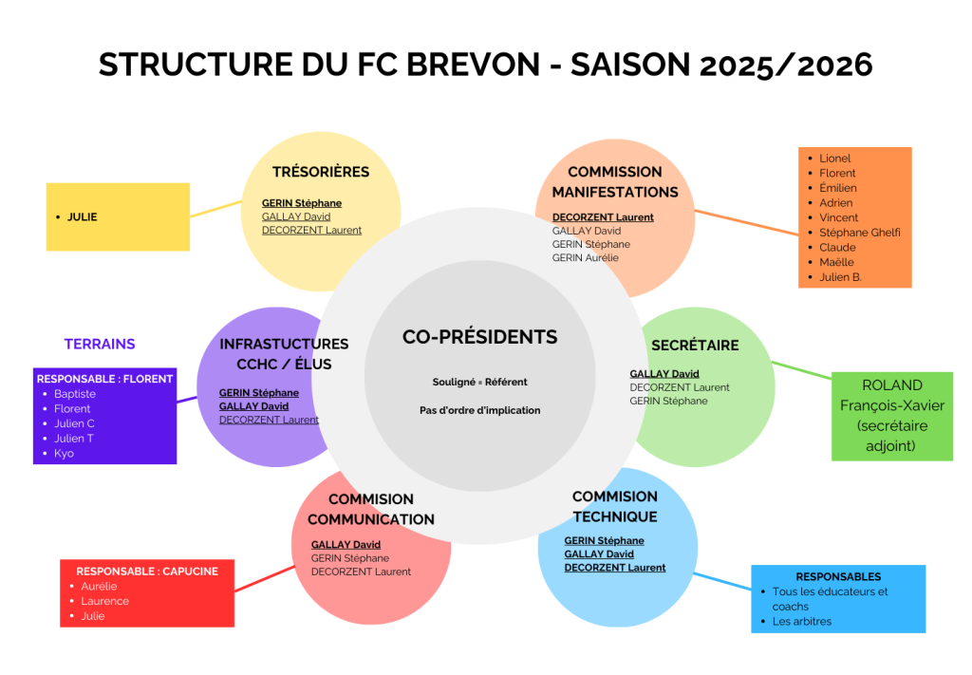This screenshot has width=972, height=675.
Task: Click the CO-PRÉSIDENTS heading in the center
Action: (479, 337)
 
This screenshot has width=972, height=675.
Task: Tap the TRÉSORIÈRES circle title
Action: (320, 172)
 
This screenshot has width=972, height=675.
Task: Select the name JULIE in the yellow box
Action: (82, 216)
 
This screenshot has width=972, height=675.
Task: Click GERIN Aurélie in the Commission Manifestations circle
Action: (585, 257)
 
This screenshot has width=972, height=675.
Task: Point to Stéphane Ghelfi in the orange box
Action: (859, 233)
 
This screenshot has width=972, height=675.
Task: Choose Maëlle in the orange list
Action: (836, 262)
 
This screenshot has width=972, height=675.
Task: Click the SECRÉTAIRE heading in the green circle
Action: (695, 346)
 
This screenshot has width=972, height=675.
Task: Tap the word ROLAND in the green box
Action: (891, 385)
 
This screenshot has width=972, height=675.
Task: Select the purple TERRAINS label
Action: (100, 344)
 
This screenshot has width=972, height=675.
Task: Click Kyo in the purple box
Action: (64, 453)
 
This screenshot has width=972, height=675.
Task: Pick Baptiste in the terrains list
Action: (74, 393)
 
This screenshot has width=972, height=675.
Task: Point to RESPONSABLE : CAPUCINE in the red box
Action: (147, 572)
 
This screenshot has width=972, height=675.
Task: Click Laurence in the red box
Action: (104, 601)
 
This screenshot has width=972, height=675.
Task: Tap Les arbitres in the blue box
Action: (801, 621)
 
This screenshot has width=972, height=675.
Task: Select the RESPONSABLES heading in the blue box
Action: (838, 576)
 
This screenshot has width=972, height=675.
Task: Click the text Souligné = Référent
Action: (479, 382)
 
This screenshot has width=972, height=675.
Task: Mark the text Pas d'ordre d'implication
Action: (479, 410)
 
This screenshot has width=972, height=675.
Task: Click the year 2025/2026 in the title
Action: (786, 65)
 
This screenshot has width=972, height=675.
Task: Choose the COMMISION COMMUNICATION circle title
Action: (371, 509)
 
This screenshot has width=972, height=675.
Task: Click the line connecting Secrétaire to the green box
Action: (803, 371)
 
